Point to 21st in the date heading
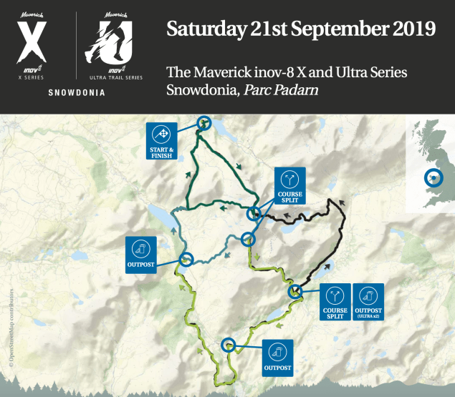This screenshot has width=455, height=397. coord(266,29)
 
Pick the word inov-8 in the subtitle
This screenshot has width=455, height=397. coord(265,73)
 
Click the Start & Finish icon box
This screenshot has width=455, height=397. coord(163,142)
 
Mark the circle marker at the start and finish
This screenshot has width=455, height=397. coord(204,123)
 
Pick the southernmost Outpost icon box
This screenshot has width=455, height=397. coord(277,356)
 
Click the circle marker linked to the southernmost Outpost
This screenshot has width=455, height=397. coord(229,345)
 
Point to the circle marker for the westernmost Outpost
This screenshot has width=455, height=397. coord(186,260)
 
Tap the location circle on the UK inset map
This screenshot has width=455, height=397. coord(432,178)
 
